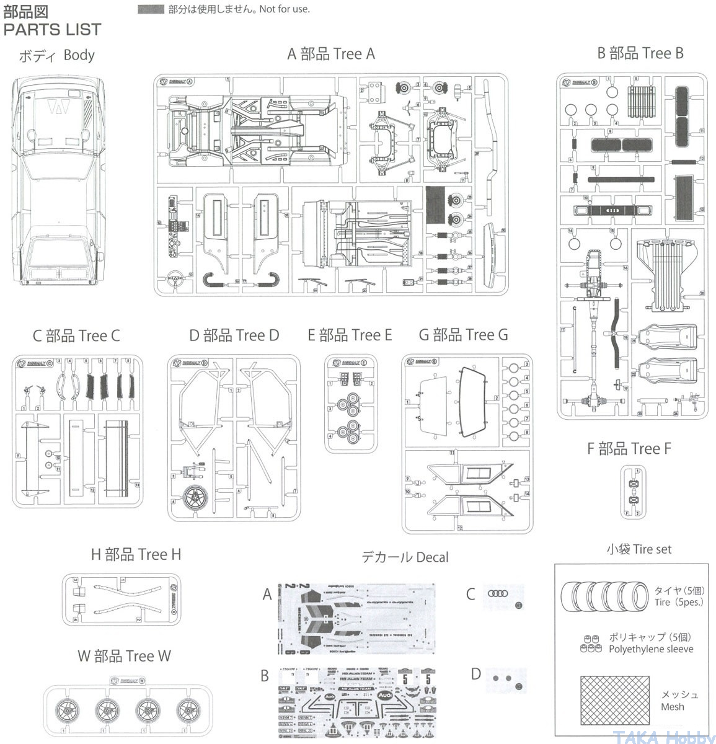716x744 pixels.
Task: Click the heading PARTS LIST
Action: tap(52, 29)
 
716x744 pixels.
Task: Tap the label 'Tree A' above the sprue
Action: tap(354, 54)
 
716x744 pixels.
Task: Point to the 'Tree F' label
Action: tap(651, 448)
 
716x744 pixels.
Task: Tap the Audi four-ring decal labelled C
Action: tap(497, 593)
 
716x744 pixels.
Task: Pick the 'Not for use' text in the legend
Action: tap(285, 9)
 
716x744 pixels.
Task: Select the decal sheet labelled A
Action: tap(356, 618)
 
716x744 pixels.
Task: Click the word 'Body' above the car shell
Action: tap(79, 55)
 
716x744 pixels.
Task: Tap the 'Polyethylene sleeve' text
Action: tap(650, 649)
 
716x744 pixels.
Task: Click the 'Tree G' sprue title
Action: tap(485, 335)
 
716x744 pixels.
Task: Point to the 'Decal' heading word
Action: tap(432, 557)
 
